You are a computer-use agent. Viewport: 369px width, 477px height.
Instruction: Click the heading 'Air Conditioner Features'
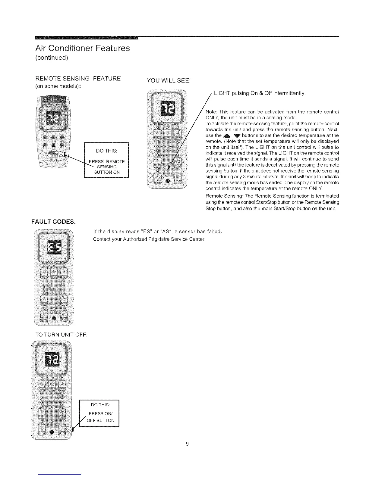coord(82,48)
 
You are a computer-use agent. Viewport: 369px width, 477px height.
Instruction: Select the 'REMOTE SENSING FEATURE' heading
coord(78,79)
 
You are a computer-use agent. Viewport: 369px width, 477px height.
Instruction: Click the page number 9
coord(187,444)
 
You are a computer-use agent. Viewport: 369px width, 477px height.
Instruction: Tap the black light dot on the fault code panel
coord(54,318)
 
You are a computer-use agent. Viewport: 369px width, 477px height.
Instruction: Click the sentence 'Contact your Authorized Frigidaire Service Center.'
coord(150,239)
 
